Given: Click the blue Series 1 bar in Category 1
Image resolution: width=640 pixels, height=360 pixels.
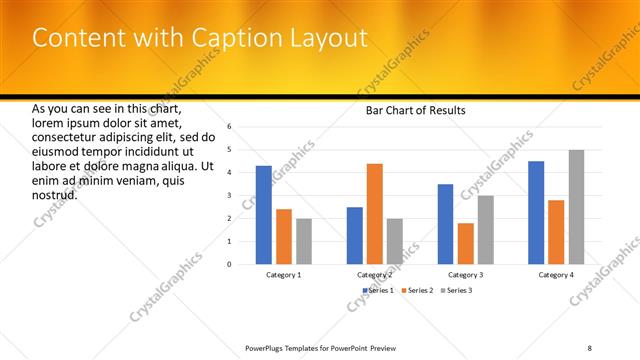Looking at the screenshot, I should tap(264, 215).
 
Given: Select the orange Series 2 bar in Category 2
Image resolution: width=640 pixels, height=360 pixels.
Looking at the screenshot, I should tap(375, 214).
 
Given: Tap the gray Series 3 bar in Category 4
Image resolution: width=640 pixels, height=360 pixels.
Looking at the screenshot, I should tap(577, 207).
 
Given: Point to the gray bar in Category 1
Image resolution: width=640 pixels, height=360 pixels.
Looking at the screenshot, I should tap(304, 241).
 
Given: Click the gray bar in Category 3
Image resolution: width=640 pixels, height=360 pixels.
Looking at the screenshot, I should tap(486, 230).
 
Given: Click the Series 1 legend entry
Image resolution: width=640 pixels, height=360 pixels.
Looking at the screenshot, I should tap(378, 290).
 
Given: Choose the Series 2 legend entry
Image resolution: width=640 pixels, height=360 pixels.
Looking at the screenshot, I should tap(419, 290).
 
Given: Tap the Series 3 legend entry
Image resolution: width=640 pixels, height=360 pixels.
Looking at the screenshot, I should tap(456, 290).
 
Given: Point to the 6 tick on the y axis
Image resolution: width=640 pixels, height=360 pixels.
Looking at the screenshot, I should tap(229, 127).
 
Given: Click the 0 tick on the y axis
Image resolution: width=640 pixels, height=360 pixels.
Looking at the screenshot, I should tap(229, 264).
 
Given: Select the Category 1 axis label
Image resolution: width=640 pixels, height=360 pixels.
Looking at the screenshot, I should tap(284, 274).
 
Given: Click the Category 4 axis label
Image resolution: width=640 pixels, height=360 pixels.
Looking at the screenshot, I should tap(556, 274).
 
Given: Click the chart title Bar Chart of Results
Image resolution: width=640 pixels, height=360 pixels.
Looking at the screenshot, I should tap(416, 110).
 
